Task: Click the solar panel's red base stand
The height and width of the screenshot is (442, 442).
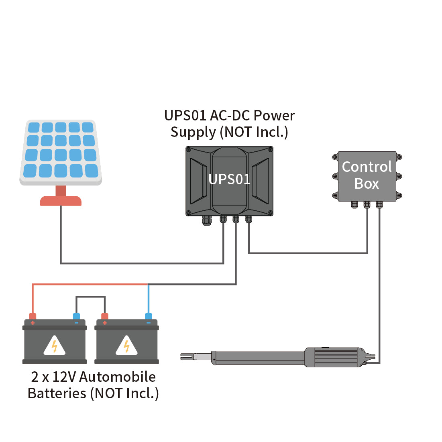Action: click(x=61, y=200)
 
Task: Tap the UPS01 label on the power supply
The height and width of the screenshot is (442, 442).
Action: click(x=229, y=179)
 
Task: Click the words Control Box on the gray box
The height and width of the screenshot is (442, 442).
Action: click(x=367, y=175)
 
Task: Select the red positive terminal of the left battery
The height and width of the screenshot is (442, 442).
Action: click(x=33, y=317)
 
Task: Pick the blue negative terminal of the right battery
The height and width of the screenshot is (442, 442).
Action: click(x=149, y=317)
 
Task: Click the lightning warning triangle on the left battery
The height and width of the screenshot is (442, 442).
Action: click(x=55, y=346)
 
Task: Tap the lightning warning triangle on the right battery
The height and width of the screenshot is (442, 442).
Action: click(x=126, y=346)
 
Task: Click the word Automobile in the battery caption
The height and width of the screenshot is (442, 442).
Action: click(x=118, y=377)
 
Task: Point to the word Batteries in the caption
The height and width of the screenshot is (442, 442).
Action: click(x=57, y=393)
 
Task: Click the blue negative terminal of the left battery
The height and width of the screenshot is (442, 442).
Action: click(x=76, y=317)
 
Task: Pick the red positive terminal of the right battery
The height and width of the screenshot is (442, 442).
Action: click(x=105, y=317)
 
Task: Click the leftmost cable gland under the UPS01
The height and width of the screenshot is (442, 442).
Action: click(x=206, y=220)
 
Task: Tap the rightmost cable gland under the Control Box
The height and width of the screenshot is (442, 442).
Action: click(x=379, y=205)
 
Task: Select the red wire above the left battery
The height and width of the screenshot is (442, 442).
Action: click(x=80, y=285)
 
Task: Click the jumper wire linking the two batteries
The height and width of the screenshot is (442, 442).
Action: click(x=91, y=297)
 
